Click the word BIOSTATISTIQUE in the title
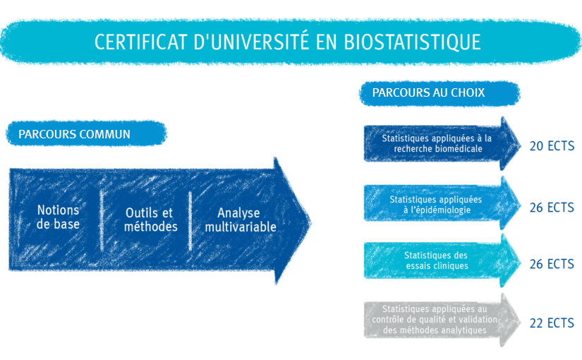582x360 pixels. point(413,42)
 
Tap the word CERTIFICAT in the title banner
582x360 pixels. point(140,42)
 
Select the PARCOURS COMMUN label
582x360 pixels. point(74,134)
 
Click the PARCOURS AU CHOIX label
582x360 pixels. point(428,92)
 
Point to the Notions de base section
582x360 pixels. point(58,217)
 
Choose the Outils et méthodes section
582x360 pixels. point(150,220)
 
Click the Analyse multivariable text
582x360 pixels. point(241,220)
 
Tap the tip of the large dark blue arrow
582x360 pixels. point(311,223)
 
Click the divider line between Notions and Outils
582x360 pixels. point(102,221)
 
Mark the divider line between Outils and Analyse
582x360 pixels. point(190,221)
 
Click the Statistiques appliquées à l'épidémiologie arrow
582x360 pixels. point(442,203)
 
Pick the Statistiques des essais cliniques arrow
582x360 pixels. point(442,260)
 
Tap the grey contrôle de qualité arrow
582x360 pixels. point(442,320)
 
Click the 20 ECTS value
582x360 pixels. point(552,146)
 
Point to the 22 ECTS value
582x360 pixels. point(552,323)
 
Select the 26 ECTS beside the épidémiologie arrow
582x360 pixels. point(552,208)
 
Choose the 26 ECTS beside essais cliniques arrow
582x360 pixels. point(552,264)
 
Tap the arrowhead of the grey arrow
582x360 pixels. point(509,320)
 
